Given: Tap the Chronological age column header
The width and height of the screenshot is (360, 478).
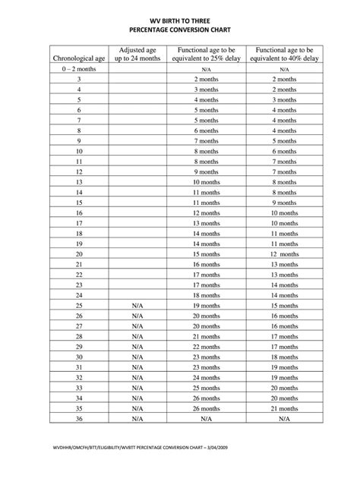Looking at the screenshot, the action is click(78, 58).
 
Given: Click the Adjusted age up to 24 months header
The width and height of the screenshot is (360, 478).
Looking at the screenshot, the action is click(137, 53).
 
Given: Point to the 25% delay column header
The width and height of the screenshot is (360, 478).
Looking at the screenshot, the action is click(206, 53).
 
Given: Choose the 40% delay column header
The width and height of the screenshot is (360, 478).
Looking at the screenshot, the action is click(283, 53).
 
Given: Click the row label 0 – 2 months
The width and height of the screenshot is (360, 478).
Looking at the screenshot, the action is click(78, 68).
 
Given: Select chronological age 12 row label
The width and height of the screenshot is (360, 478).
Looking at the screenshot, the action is click(78, 172).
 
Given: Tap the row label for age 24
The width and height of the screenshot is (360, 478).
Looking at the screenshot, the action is click(78, 294).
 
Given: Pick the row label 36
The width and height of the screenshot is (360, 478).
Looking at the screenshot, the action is click(78, 417).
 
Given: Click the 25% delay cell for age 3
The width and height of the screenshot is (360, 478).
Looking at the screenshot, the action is click(206, 79).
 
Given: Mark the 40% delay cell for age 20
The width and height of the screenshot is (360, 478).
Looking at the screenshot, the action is click(283, 253).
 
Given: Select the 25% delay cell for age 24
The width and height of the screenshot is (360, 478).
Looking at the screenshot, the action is click(206, 294).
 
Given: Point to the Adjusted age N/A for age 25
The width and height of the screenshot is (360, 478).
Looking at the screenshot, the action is click(137, 305).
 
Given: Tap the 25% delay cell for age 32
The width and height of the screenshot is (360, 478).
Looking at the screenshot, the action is click(206, 376).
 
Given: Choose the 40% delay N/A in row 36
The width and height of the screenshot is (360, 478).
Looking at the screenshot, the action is click(283, 417).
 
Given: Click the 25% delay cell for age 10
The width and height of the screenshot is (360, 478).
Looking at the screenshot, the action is click(206, 151).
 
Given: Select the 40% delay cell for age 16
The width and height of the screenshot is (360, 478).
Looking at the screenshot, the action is click(283, 213).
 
